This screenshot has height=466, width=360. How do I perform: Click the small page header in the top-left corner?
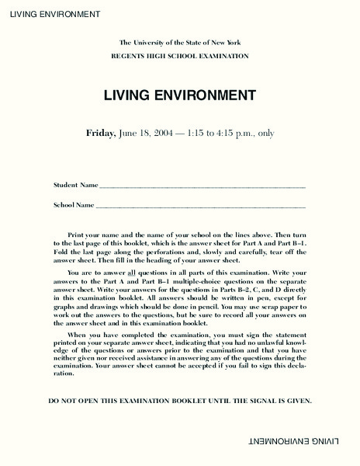[50, 14]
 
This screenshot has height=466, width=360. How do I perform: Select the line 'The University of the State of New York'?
[179, 42]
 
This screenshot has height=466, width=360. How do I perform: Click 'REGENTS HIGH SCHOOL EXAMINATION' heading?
[179, 56]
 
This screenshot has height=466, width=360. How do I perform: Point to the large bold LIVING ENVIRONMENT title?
[179, 96]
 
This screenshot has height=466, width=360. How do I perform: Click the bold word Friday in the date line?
[101, 133]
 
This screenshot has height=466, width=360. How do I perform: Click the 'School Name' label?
[74, 205]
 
